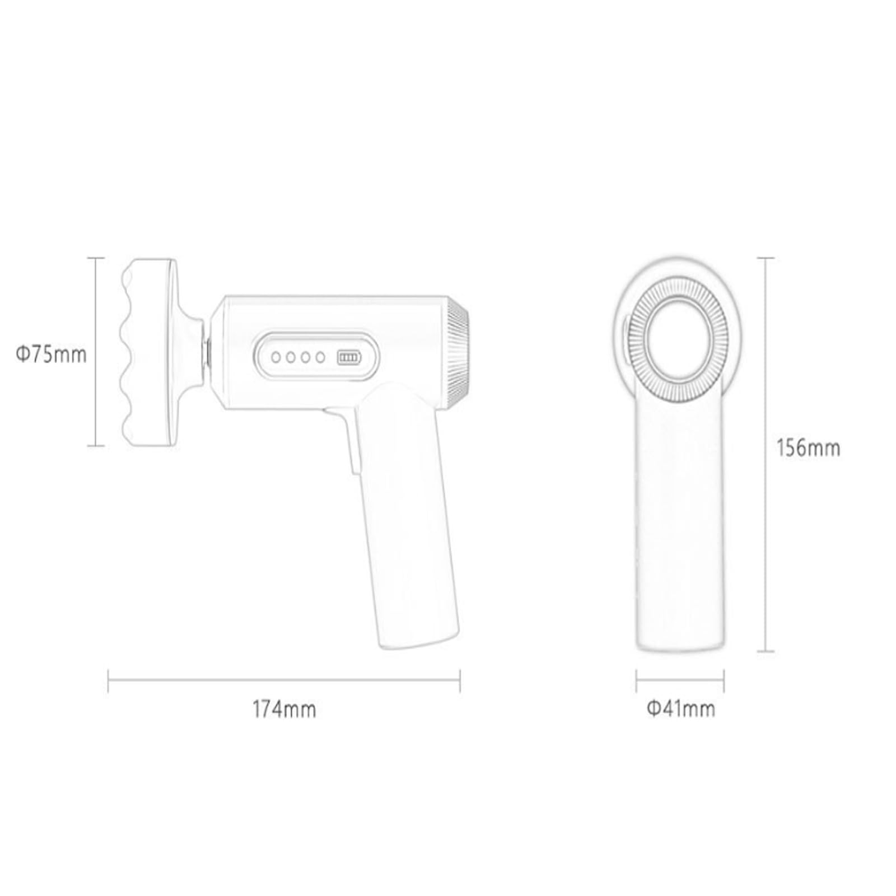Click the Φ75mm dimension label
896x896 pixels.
51,354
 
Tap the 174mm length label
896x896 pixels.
284,709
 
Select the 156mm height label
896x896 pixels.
808,448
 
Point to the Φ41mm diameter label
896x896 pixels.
681,709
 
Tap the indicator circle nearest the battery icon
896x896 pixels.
320,357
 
